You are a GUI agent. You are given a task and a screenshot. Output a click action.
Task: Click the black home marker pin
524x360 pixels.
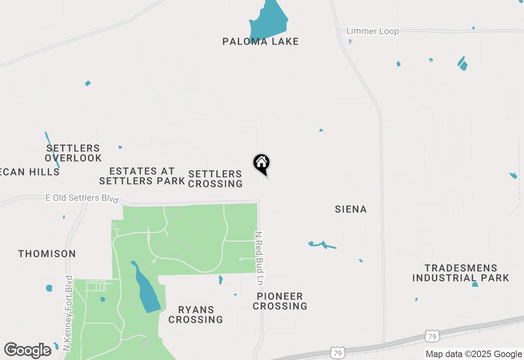(262, 164)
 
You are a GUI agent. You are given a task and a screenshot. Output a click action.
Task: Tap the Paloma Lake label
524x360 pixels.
(260, 41)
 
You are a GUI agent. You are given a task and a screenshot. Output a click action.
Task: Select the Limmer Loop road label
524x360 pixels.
(372, 31)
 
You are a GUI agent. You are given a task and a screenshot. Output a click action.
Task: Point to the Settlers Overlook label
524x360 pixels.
(73, 153)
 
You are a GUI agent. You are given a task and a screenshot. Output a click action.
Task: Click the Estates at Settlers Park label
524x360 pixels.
(142, 176)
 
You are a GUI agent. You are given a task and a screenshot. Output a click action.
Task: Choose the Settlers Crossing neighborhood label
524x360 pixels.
(215, 179)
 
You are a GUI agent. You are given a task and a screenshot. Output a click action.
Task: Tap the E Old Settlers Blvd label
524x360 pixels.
(82, 198)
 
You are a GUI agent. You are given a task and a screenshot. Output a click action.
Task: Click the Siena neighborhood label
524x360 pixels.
(350, 209)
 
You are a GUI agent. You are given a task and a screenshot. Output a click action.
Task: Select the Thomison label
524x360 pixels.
(47, 254)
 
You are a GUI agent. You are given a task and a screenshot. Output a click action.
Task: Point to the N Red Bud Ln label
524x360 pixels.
(259, 258)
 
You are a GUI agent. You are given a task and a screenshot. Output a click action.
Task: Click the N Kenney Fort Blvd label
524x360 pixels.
(68, 313)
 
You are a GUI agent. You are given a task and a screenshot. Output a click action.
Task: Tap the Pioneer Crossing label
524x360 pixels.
(280, 301)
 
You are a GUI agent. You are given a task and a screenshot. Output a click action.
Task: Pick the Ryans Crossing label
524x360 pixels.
(196, 315)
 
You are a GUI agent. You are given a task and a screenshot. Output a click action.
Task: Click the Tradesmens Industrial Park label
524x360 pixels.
(461, 273)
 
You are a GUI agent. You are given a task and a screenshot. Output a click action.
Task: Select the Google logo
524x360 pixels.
(28, 350)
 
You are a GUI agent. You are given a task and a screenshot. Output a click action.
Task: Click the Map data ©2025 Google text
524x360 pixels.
(474, 354)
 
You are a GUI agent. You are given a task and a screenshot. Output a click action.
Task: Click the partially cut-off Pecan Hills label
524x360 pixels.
(30, 172)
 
